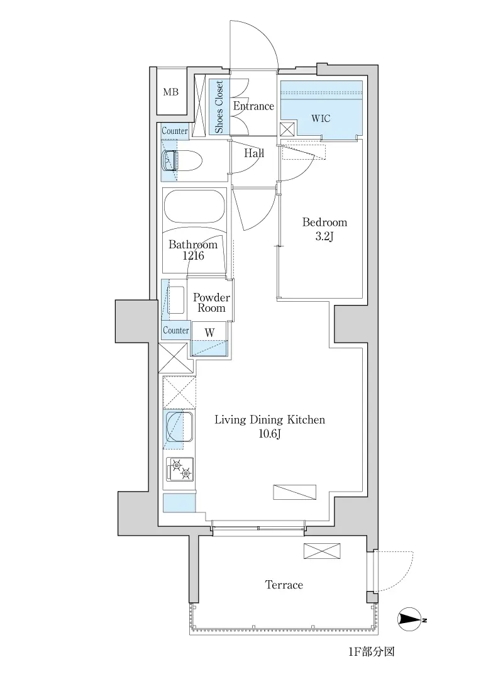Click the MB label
[170, 92]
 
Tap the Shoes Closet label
[219, 106]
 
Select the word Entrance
[253, 106]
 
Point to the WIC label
[321, 118]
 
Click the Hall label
[254, 153]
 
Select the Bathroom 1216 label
[193, 250]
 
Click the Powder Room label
[211, 302]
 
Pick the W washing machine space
[209, 339]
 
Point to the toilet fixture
[181, 161]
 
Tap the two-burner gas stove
[180, 470]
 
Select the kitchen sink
[179, 428]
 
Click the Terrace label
[284, 585]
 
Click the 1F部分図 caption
[372, 651]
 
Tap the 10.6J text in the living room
[270, 433]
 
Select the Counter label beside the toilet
[175, 131]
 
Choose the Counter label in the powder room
[175, 331]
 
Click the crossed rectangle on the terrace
[322, 551]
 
